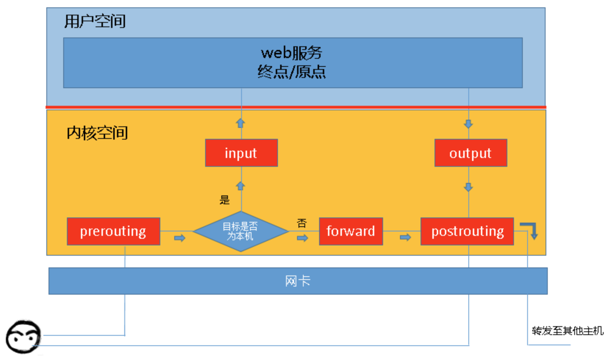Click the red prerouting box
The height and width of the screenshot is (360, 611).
[x=113, y=231]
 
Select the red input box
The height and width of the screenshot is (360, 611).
[x=241, y=153]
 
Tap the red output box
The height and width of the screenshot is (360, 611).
[x=471, y=153]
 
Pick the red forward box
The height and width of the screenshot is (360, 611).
[x=351, y=231]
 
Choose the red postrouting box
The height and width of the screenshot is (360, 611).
[x=467, y=231]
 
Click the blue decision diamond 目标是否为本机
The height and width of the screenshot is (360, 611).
[x=240, y=231]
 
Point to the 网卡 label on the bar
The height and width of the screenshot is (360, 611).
[x=298, y=281]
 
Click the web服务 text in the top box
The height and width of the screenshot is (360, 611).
[x=292, y=53]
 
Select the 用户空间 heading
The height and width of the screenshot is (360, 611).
[x=95, y=21]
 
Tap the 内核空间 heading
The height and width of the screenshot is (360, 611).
[x=97, y=133]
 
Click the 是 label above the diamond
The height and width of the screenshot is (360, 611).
[x=225, y=200]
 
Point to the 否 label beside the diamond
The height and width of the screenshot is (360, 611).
[x=302, y=223]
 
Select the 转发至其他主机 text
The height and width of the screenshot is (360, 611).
[x=567, y=331]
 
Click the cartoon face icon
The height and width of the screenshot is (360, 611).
[x=23, y=337]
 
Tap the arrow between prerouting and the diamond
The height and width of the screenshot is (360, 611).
[x=180, y=238]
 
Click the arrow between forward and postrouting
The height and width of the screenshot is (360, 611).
[x=405, y=237]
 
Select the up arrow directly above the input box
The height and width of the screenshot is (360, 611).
[x=240, y=123]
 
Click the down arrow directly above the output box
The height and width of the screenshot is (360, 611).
[x=468, y=124]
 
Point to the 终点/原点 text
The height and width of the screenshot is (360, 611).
[x=292, y=72]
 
